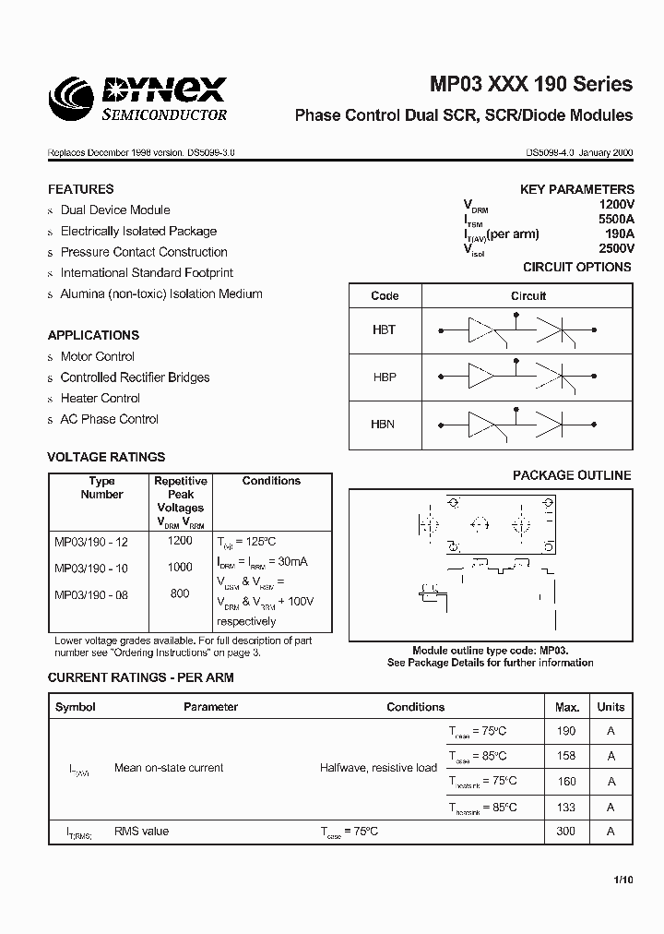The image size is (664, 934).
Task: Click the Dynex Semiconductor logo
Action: point(138,99)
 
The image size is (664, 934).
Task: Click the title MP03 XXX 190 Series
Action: point(531,84)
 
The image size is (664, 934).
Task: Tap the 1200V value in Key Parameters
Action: point(616,205)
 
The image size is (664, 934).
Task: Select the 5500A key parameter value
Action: point(615,220)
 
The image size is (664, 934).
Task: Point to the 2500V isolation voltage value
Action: point(616,248)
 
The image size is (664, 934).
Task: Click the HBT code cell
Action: point(385,329)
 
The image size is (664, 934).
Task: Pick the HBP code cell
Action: point(385,377)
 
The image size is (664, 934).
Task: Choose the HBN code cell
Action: point(385,425)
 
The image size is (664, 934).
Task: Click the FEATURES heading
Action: point(81,188)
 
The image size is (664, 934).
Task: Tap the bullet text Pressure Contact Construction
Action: point(144,252)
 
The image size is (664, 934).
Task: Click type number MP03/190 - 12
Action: point(91,542)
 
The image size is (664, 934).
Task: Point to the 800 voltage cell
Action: point(181,593)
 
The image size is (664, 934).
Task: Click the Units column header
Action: point(611,707)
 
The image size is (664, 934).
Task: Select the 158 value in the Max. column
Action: point(566,756)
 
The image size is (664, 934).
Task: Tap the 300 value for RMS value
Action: point(566,832)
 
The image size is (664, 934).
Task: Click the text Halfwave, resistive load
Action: point(378,768)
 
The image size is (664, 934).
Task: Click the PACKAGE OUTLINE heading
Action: point(572,475)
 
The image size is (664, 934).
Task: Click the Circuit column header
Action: point(528,296)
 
